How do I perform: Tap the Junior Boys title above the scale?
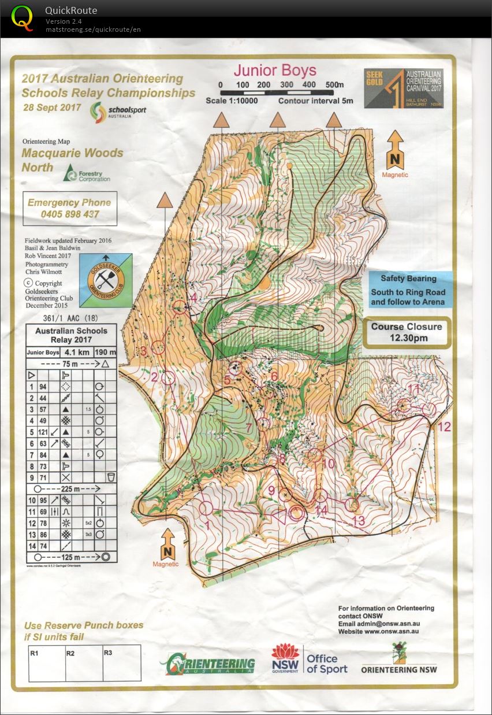click(274, 71)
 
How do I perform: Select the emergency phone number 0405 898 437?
click(69, 214)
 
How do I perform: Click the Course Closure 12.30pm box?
click(407, 332)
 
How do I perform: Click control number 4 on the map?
click(194, 298)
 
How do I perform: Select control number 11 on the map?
click(413, 388)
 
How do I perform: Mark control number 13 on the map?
click(359, 521)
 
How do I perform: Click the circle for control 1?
click(206, 508)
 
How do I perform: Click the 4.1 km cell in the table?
click(74, 352)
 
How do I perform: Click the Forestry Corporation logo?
click(87, 173)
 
